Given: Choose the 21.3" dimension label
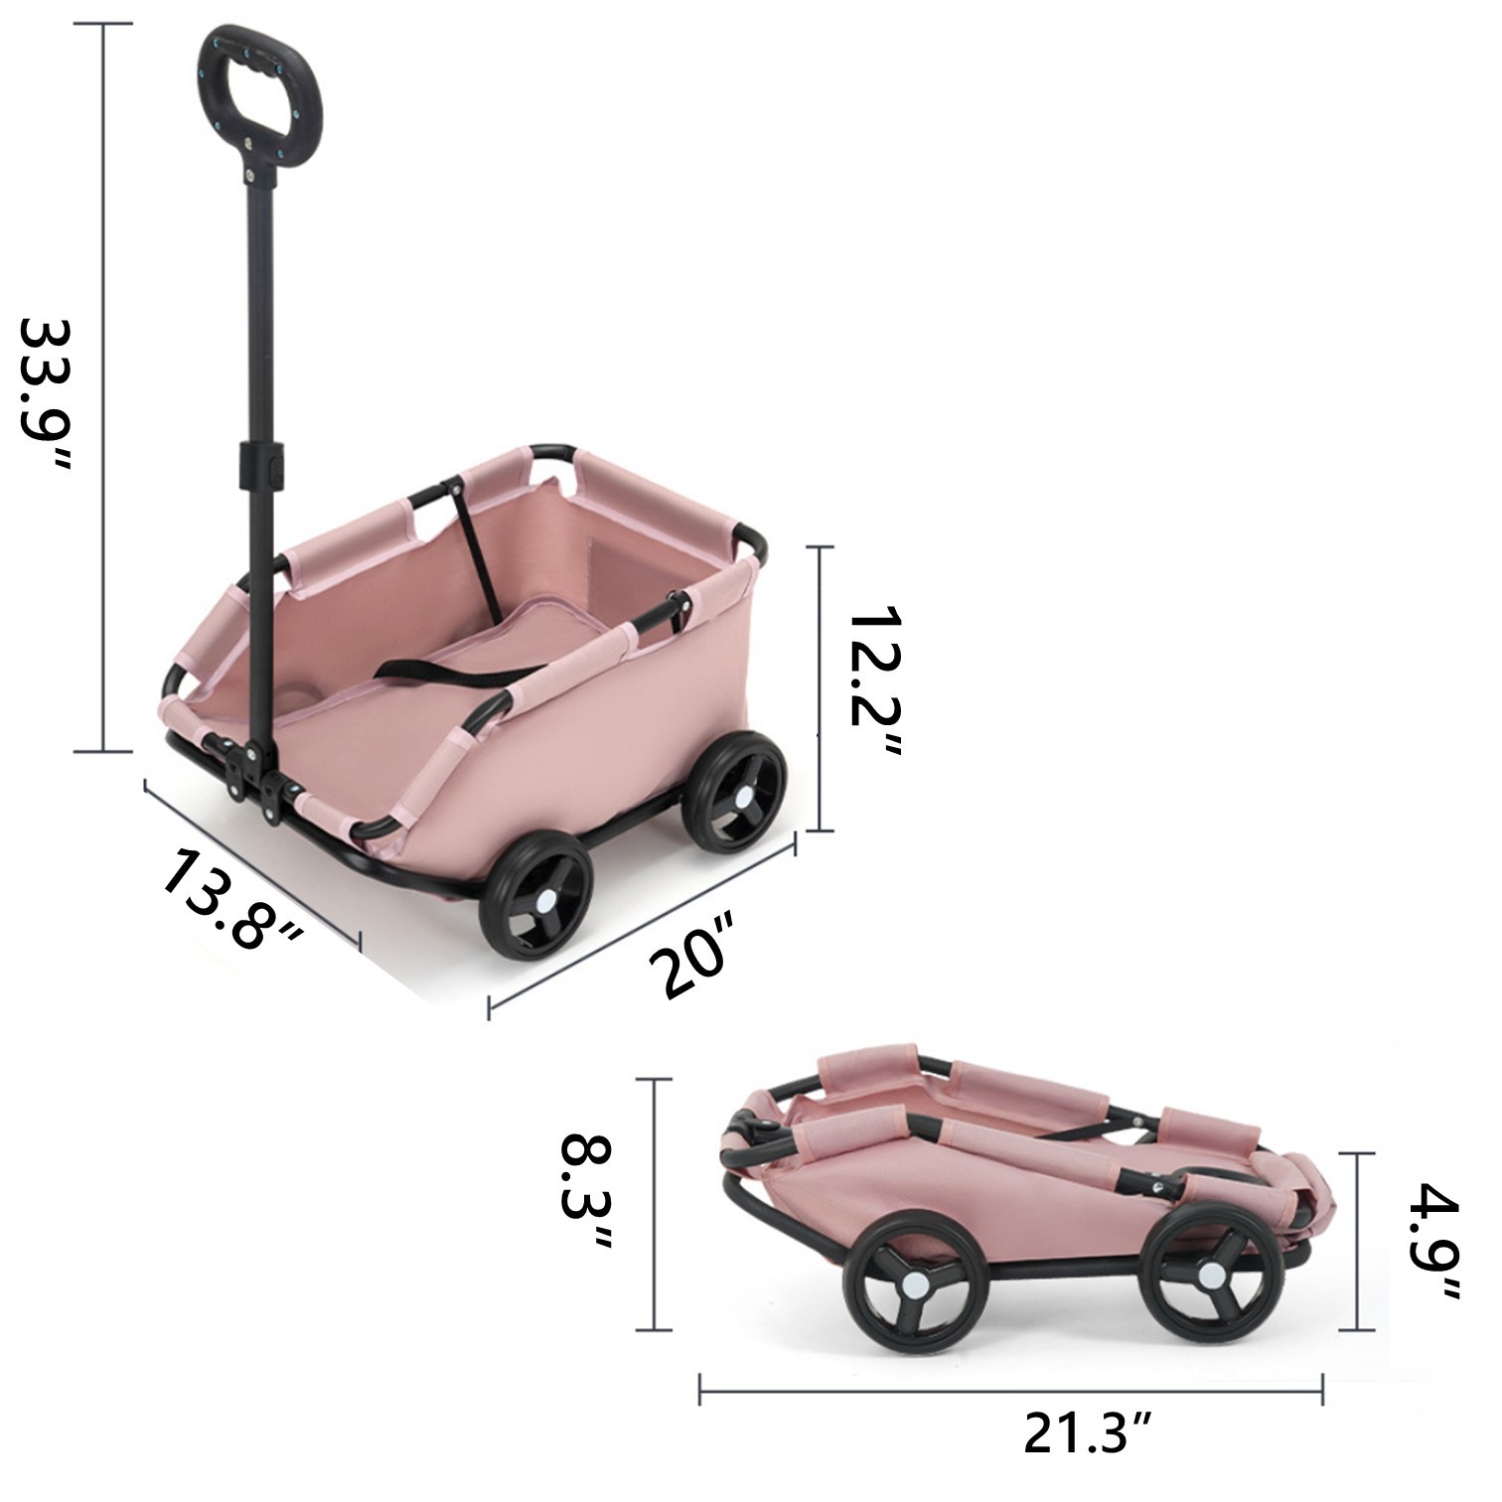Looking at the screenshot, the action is point(1088,1434).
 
